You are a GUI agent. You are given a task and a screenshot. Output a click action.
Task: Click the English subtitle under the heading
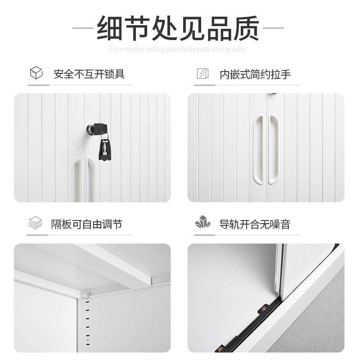(x=178, y=49)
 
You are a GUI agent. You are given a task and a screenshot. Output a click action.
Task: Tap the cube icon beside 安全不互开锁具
(x=36, y=73)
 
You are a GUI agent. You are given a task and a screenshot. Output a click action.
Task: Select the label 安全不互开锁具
(x=89, y=74)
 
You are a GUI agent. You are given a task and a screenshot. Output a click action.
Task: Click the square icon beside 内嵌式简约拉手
(x=202, y=73)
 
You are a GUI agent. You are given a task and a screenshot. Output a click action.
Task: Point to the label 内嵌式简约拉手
(x=255, y=74)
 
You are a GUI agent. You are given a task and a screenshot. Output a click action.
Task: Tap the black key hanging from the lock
(x=105, y=147)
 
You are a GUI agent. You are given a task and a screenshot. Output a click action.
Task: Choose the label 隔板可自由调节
(x=86, y=224)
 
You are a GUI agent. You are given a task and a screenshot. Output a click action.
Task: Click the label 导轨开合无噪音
(x=255, y=224)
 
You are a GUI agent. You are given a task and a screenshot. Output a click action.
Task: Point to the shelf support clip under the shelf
(x=86, y=295)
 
